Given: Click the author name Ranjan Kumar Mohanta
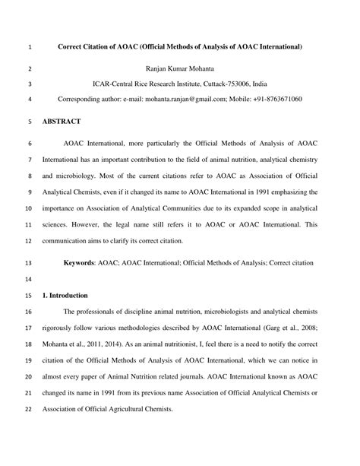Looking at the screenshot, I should (179, 68).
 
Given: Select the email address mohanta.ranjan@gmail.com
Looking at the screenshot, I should (188, 99).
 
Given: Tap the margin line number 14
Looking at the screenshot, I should (29, 279).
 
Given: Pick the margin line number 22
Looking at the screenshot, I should (29, 410).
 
